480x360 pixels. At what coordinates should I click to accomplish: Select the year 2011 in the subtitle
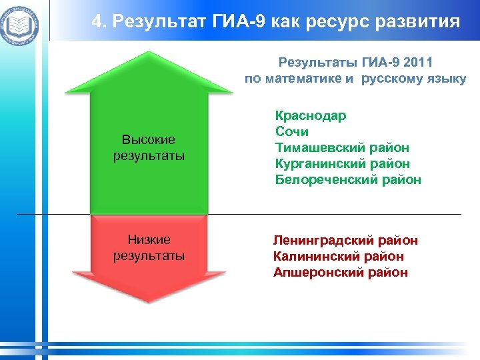pyautogui.click(x=418, y=63)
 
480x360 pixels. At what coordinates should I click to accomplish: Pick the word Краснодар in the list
pyautogui.click(x=311, y=116)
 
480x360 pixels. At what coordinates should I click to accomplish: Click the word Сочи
pyautogui.click(x=291, y=132)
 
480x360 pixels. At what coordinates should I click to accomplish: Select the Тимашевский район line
pyautogui.click(x=342, y=148)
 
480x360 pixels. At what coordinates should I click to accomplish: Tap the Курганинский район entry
pyautogui.click(x=342, y=164)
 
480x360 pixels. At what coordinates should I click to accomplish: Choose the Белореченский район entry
pyautogui.click(x=348, y=180)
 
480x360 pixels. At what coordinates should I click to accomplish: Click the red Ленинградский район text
pyautogui.click(x=345, y=241)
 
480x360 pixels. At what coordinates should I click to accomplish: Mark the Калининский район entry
pyautogui.click(x=338, y=257)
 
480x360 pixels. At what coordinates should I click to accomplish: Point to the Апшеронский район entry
pyautogui.click(x=340, y=273)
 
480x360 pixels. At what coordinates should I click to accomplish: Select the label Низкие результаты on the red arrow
pyautogui.click(x=149, y=248)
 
